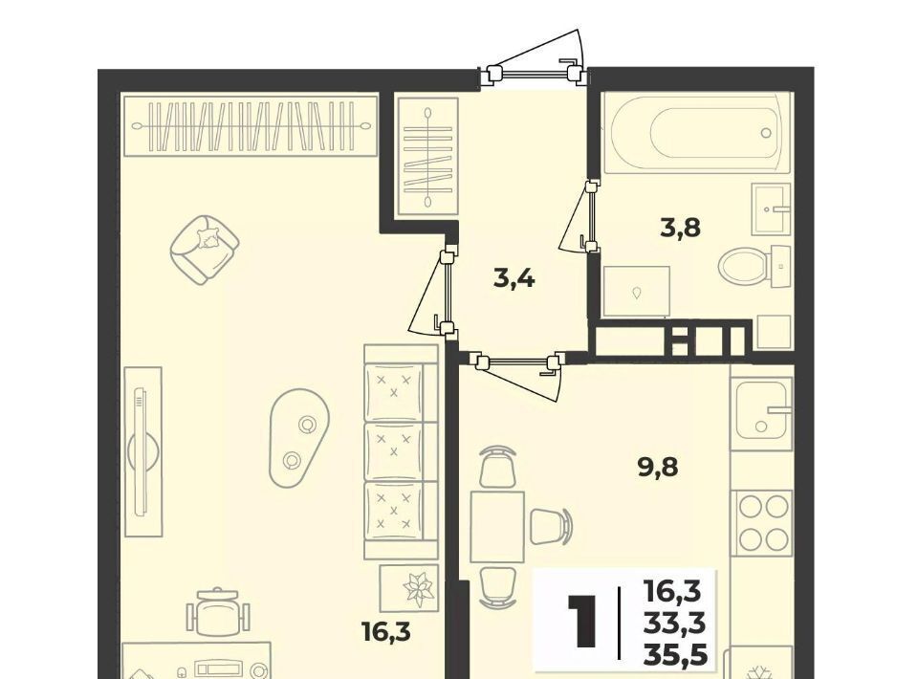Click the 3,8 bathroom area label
click(x=680, y=227)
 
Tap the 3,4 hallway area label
click(x=514, y=278)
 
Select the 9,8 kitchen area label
click(x=658, y=468)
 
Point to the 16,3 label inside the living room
click(x=385, y=632)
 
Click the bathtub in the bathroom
click(x=697, y=133)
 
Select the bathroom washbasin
click(x=771, y=208)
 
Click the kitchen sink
click(x=761, y=409)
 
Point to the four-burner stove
click(x=763, y=522)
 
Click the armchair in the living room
click(x=205, y=250)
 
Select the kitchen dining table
click(x=497, y=527)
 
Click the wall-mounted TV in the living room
click(x=141, y=450)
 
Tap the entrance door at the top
click(x=534, y=73)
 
